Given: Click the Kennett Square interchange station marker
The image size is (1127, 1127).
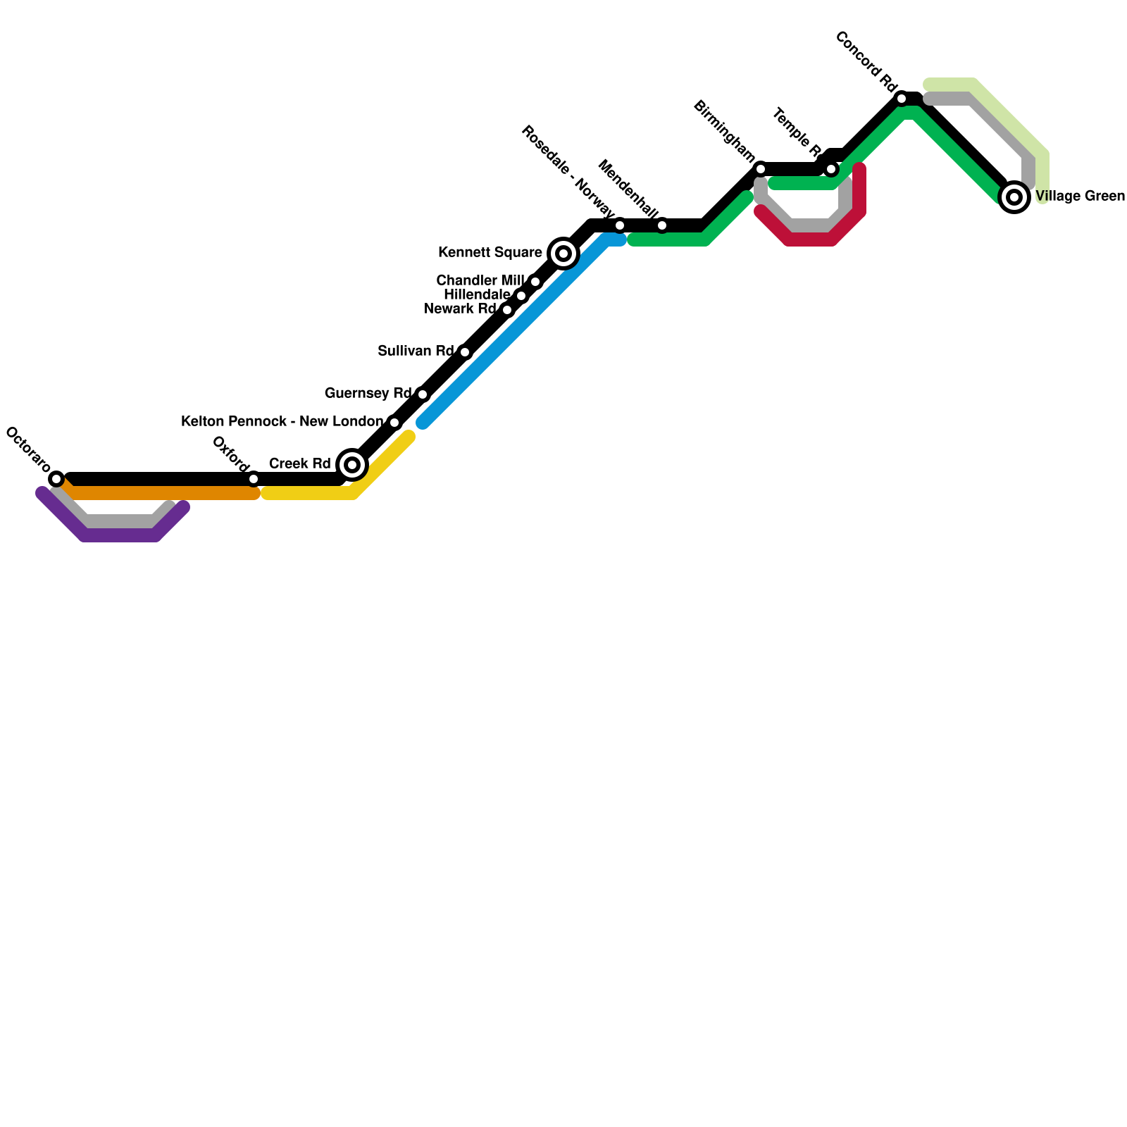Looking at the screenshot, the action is (563, 254).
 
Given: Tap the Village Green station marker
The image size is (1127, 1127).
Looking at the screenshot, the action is (1014, 197).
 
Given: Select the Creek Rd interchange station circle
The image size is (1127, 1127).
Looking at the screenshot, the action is (352, 465).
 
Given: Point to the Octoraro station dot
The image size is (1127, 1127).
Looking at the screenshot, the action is (56, 479).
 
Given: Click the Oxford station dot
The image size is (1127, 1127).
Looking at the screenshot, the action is (254, 479).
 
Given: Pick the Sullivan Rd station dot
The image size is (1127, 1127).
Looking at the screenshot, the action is (465, 352).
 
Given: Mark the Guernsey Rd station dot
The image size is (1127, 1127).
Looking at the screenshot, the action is (423, 394).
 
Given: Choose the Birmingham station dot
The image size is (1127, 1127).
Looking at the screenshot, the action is (761, 169).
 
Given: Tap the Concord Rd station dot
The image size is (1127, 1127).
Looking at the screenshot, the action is (902, 99).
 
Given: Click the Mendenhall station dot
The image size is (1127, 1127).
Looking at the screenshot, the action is (662, 225).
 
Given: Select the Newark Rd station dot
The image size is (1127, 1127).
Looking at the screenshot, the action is (507, 310).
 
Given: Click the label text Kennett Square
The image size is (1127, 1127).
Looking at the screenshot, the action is (490, 252).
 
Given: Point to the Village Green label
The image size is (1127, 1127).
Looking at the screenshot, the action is (1080, 197).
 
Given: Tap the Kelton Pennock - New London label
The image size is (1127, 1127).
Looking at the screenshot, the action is (282, 421).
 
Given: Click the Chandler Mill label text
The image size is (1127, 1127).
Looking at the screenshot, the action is (480, 280).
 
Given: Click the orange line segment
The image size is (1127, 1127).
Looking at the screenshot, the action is (162, 494).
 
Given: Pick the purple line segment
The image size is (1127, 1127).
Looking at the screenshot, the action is (120, 537).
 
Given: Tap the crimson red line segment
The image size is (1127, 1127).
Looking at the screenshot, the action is (810, 241).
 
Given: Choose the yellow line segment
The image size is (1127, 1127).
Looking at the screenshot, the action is (310, 494).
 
